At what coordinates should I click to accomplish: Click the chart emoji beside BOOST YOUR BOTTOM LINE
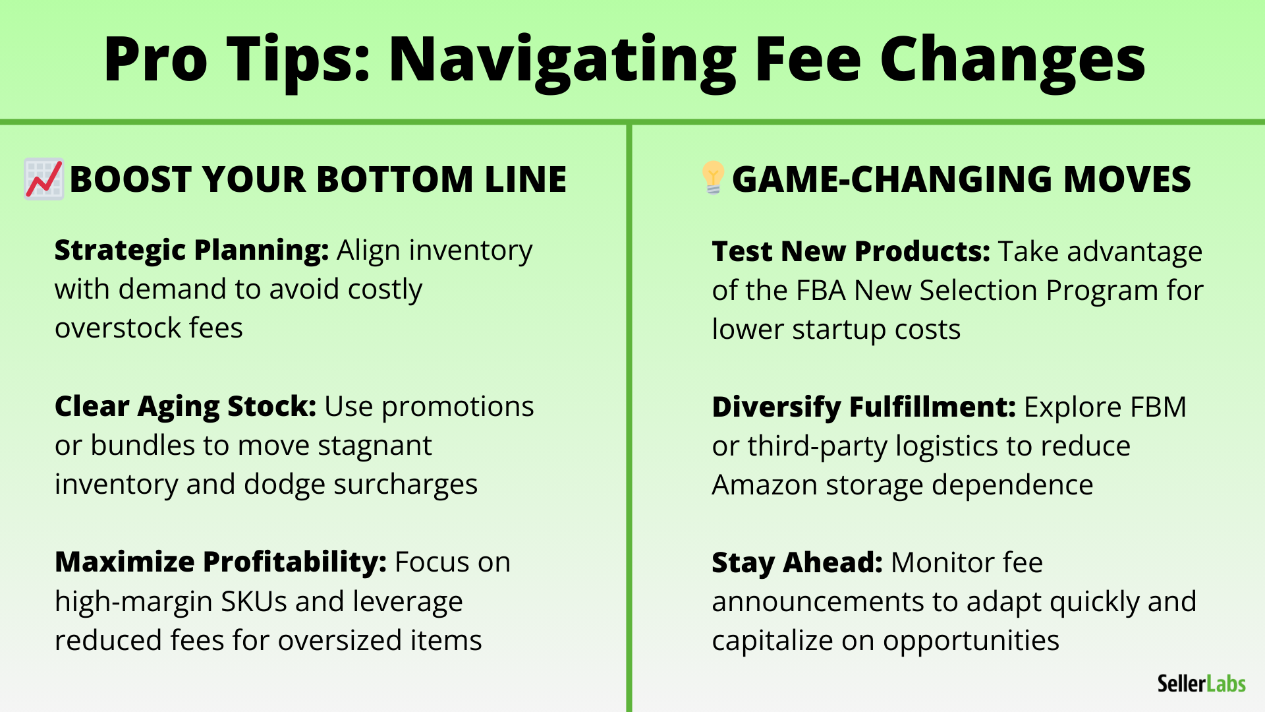pos(44,179)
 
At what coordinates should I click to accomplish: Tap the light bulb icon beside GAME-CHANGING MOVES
pos(713,177)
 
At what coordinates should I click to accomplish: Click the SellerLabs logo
pos(1202,684)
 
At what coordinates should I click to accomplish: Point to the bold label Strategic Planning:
pos(192,251)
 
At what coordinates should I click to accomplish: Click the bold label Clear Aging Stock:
pos(186,407)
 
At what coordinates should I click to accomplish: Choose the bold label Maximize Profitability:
pos(221,562)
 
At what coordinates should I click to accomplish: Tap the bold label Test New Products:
pos(851,251)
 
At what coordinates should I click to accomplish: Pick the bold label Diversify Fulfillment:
pos(864,407)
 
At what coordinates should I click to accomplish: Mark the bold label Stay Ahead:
pos(797,563)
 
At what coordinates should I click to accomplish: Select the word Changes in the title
pos(1013,61)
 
